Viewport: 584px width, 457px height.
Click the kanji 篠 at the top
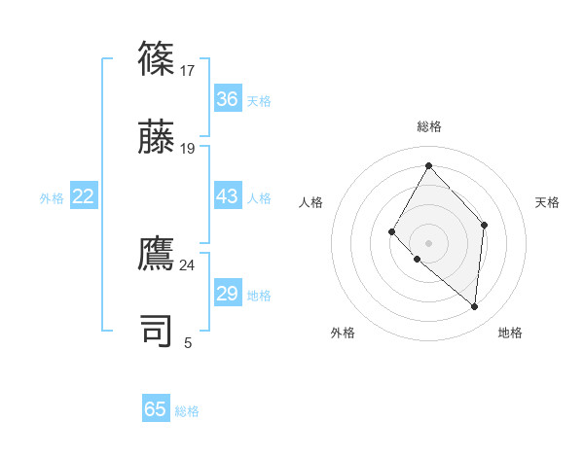tap(157, 57)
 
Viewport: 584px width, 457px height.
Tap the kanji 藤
tap(157, 136)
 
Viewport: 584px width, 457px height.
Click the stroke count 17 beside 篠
tap(188, 70)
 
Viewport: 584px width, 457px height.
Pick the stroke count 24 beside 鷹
tap(188, 264)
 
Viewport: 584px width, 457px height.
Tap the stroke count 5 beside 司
tap(188, 342)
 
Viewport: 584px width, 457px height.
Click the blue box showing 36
tap(227, 99)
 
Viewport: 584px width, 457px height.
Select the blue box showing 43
tap(227, 196)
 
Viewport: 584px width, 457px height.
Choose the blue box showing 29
tap(227, 294)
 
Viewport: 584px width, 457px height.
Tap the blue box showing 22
tap(83, 196)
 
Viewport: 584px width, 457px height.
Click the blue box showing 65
tap(156, 409)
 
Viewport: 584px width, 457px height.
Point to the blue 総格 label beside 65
tap(187, 411)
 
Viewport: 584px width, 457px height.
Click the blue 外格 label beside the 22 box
tap(52, 198)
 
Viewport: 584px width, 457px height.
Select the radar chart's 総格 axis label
tap(429, 126)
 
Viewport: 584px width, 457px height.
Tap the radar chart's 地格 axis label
tap(510, 333)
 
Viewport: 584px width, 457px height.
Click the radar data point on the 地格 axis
tap(474, 306)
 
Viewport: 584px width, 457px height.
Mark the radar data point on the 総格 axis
tap(428, 165)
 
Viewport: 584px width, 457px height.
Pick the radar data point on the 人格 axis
tap(391, 230)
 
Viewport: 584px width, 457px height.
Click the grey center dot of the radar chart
tap(428, 242)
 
